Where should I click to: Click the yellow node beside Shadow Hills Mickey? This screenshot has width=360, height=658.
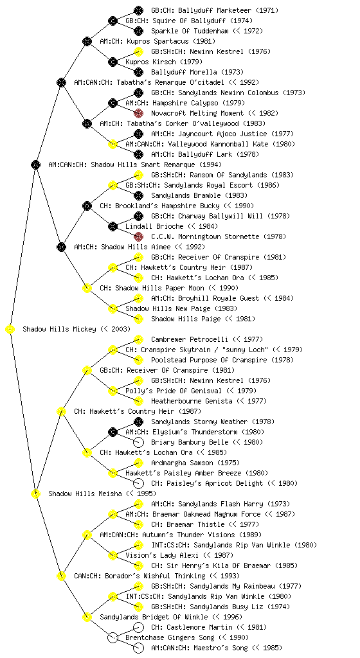(10, 330)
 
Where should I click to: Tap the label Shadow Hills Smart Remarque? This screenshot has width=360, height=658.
(143, 164)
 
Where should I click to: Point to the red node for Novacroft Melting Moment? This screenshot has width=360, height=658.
(138, 113)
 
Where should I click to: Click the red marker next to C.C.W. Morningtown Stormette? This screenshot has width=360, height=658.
(138, 236)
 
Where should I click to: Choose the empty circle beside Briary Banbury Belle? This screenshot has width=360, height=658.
(138, 442)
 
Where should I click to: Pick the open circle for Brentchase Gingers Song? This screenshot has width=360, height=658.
(113, 637)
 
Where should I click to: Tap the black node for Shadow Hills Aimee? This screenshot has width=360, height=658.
(61, 247)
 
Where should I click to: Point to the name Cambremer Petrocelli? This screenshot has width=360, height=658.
(190, 339)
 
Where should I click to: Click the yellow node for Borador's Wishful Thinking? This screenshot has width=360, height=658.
(61, 576)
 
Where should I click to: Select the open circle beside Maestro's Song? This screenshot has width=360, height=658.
(138, 648)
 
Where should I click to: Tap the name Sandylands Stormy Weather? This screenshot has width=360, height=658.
(199, 422)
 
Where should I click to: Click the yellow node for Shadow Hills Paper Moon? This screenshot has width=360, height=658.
(87, 288)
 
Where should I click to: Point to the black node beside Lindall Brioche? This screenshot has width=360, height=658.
(113, 226)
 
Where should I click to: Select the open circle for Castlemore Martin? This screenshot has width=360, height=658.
(138, 627)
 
